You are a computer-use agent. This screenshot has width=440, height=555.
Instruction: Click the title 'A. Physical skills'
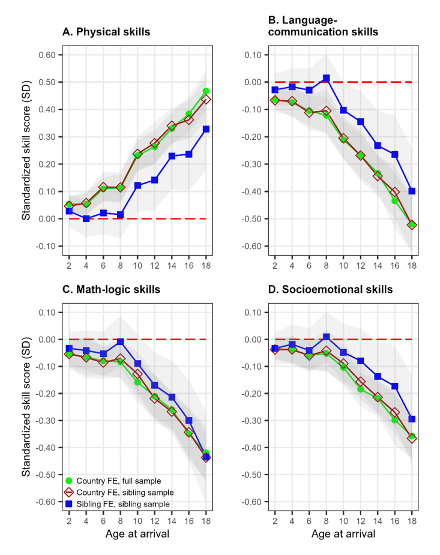click(106, 32)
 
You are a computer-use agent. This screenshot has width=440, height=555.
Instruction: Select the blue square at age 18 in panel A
click(206, 129)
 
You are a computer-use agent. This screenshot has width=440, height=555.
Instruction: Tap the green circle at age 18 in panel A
click(206, 91)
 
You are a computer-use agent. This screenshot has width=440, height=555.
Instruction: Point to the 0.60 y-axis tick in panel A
click(47, 55)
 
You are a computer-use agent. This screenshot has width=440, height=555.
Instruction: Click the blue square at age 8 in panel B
click(326, 78)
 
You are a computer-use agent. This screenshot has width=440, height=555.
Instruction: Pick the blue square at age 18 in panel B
click(412, 191)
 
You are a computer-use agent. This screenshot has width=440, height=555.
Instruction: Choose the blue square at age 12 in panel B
click(360, 122)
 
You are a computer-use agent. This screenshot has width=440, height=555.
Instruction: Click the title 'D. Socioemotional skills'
click(330, 290)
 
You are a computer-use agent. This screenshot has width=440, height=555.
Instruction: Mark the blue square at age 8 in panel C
click(121, 341)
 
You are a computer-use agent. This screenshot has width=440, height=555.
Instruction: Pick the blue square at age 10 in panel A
click(137, 185)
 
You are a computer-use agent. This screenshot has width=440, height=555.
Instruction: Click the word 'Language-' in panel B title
click(301, 20)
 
